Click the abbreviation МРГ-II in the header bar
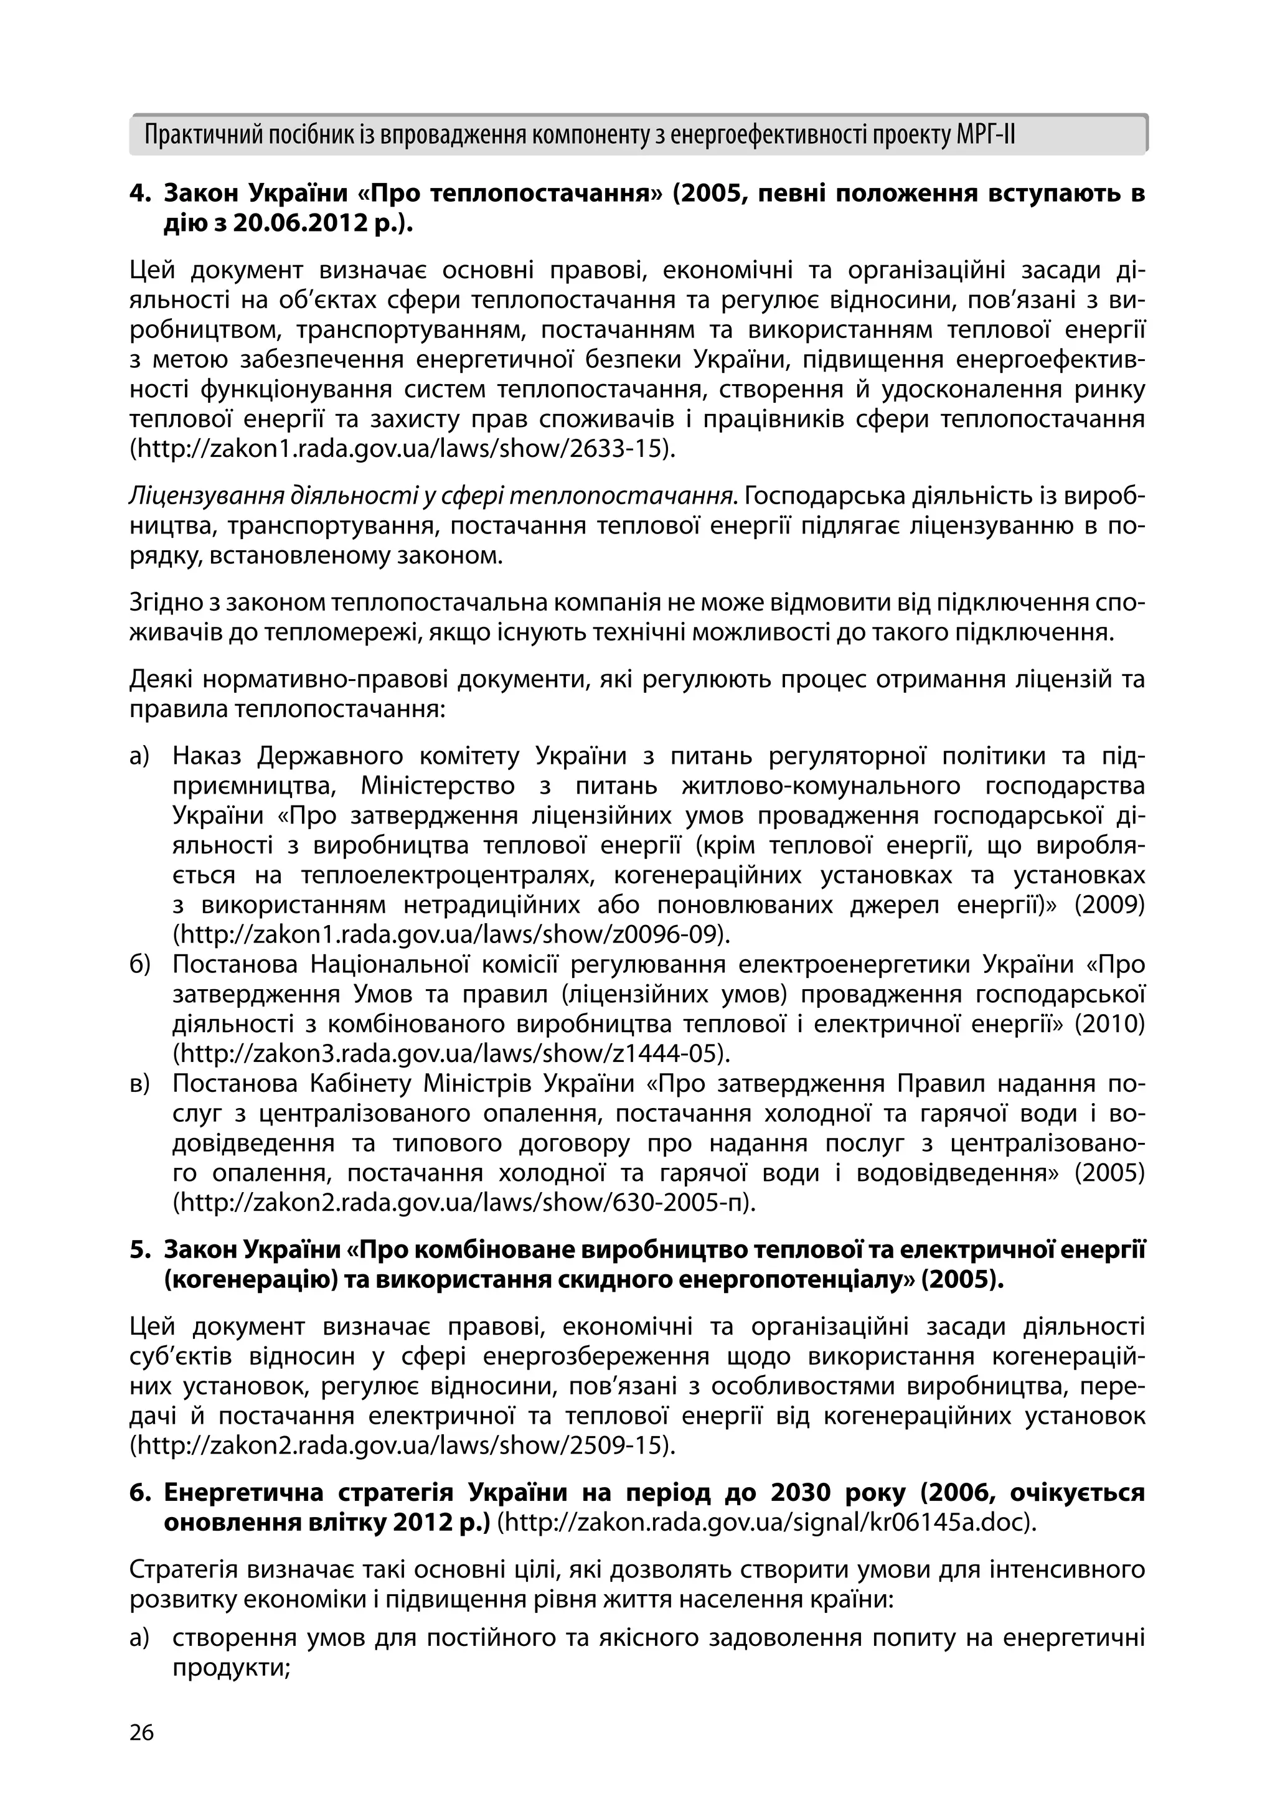pyautogui.click(x=985, y=136)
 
